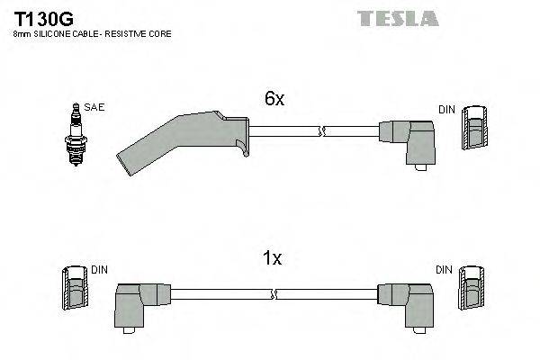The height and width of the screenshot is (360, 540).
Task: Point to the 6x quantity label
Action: click(274, 100)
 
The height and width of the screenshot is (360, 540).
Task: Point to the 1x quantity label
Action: click(272, 259)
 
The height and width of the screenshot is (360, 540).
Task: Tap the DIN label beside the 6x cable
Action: click(446, 109)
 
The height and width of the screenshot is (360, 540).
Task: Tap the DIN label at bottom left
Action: click(99, 269)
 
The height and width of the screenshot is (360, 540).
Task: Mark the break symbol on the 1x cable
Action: click(274, 293)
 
